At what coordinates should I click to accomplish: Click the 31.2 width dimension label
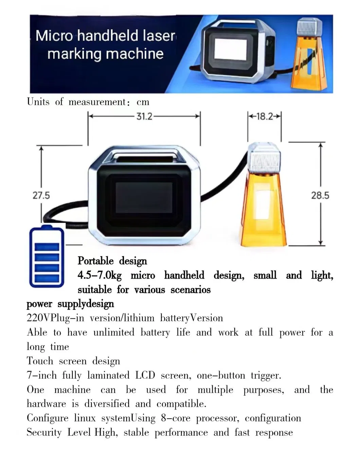144,117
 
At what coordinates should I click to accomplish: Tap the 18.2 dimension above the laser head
265,117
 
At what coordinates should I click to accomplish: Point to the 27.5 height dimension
41,195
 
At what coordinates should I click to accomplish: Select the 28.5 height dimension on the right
320,195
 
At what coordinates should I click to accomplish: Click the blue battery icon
47,257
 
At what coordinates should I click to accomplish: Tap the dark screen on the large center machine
144,199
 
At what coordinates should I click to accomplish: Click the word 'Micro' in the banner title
54,36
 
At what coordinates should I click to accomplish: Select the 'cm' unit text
143,102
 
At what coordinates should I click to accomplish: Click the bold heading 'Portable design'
112,261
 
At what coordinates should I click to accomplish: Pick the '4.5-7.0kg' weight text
100,275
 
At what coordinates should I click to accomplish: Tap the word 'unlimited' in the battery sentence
114,332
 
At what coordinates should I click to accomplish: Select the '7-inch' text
41,375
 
